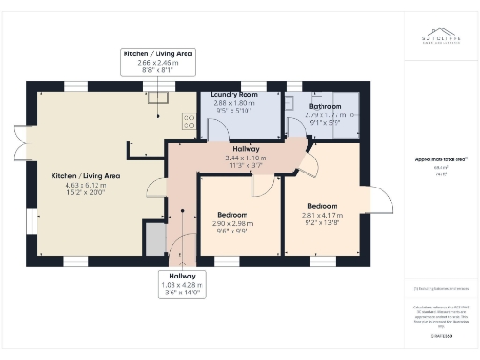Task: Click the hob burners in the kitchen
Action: [187, 122]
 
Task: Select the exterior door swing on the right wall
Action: [380, 198]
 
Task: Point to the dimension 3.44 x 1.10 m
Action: [247, 158]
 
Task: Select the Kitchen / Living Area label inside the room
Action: [86, 175]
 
